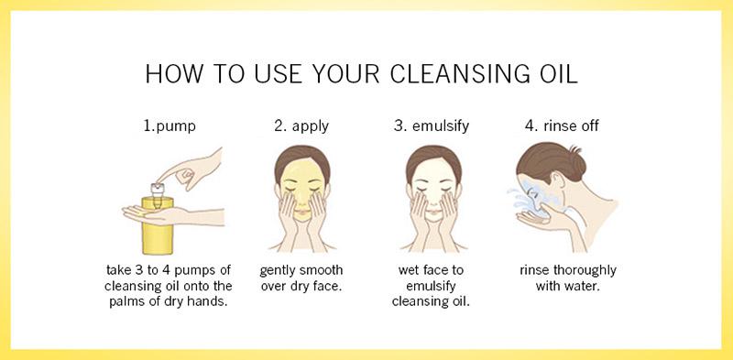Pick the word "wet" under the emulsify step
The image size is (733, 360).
410,271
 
